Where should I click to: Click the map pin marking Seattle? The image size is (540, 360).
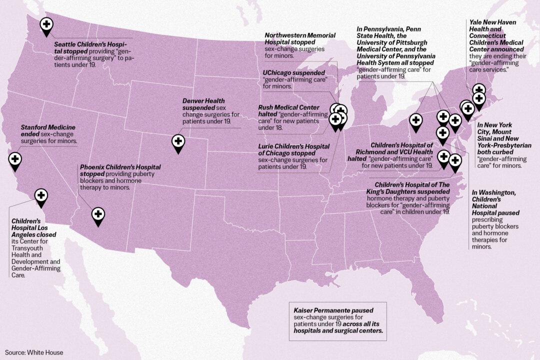pyautogui.click(x=46, y=25)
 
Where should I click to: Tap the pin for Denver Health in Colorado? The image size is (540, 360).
pyautogui.click(x=178, y=142)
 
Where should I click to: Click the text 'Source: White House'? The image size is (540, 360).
pyautogui.click(x=34, y=352)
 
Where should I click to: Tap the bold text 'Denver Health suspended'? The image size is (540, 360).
pyautogui.click(x=203, y=104)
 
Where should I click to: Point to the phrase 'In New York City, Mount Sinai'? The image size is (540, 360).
pyautogui.click(x=498, y=132)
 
